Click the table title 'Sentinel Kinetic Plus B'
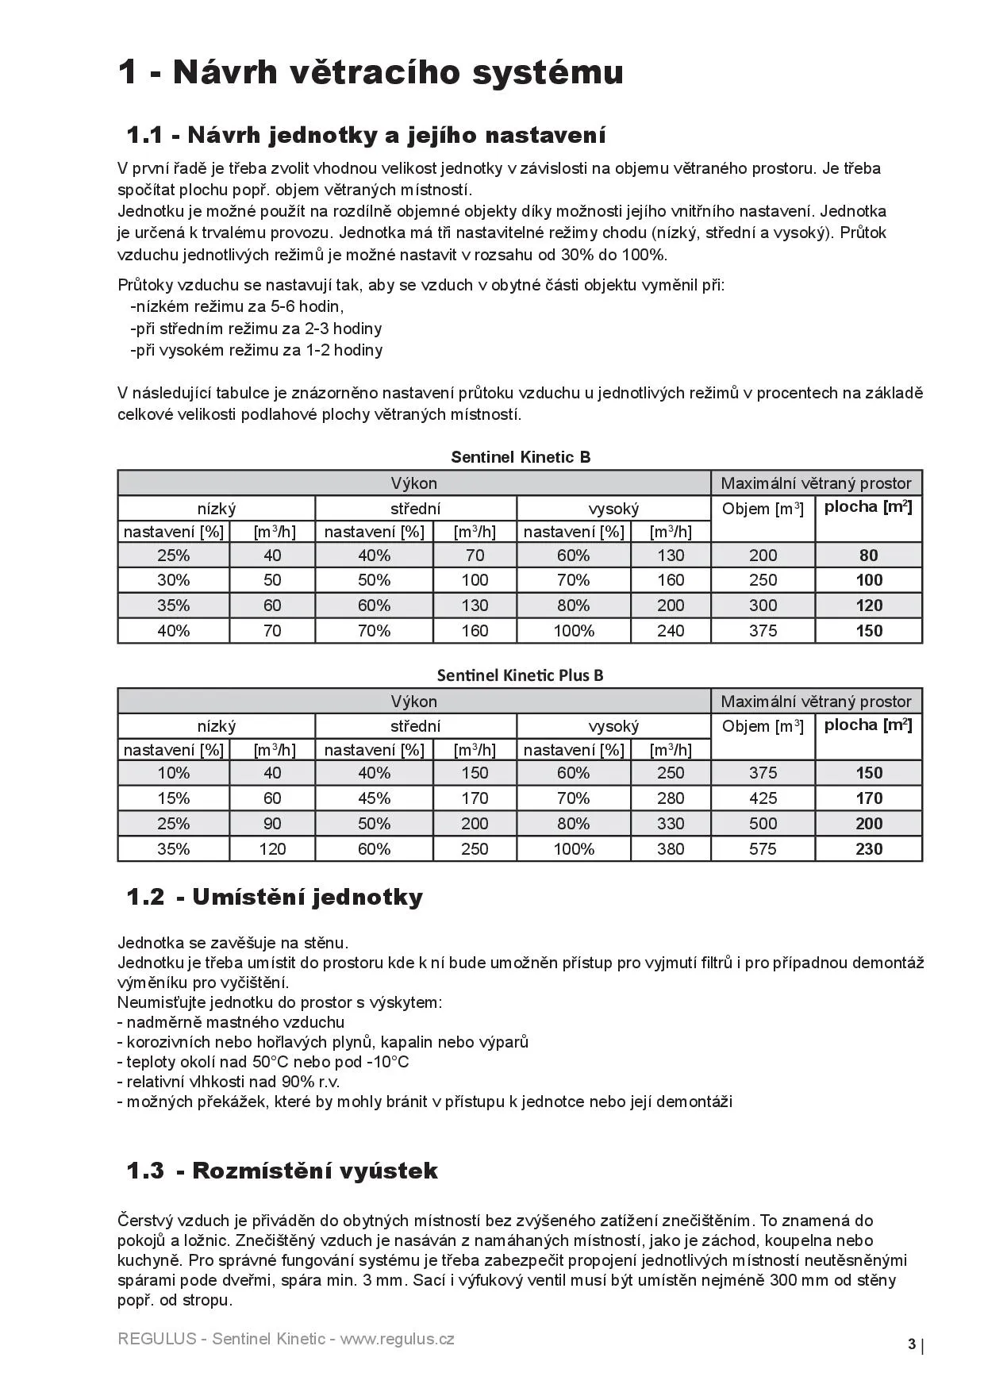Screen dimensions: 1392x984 pyautogui.click(x=520, y=675)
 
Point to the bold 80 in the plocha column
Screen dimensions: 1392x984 pyautogui.click(x=869, y=556)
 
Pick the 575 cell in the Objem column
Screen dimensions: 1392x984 pyautogui.click(x=763, y=849)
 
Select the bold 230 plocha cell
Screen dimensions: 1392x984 pyautogui.click(x=869, y=849)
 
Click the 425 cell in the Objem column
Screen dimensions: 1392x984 pyautogui.click(x=763, y=798)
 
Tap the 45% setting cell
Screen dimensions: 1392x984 pyautogui.click(x=374, y=798)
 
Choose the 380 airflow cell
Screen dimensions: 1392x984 pyautogui.click(x=671, y=849)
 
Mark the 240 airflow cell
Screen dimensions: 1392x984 pyautogui.click(x=671, y=631)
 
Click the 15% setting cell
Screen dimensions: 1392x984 pyautogui.click(x=173, y=798)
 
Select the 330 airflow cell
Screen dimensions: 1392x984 pyautogui.click(x=671, y=824)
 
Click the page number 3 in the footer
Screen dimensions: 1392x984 pyautogui.click(x=912, y=1344)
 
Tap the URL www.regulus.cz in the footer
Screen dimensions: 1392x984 pyautogui.click(x=397, y=1339)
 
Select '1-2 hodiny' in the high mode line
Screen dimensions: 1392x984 pyautogui.click(x=344, y=350)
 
